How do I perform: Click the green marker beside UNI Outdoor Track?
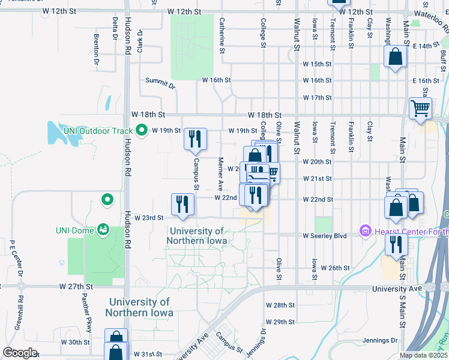142,130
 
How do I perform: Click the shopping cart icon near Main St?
420,109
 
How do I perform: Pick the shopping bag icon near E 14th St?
396,57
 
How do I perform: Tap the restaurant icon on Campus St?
194,139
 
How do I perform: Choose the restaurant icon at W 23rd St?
182,204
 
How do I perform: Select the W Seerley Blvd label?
325,236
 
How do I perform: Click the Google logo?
20,352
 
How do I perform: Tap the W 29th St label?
280,322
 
